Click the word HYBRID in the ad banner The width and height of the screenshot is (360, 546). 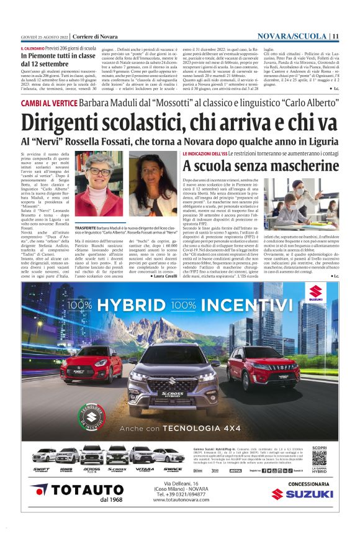131,306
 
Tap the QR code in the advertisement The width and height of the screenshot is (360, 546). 319,458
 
